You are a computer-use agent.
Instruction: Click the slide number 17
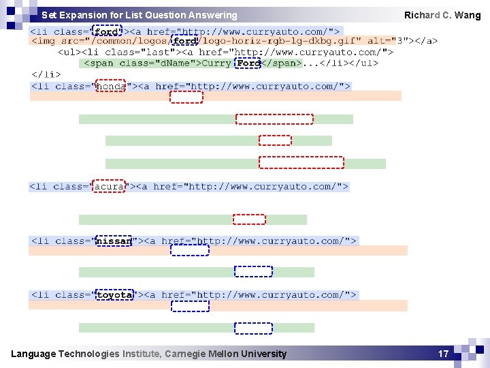pos(443,354)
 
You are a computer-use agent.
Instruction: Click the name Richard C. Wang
pos(442,15)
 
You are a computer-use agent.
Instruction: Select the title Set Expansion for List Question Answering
pos(140,15)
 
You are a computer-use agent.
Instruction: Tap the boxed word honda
pos(110,86)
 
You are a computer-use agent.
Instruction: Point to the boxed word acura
pos(109,186)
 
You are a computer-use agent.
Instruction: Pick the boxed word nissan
pos(114,241)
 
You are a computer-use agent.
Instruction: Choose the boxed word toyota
pos(114,295)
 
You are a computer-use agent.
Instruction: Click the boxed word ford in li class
pos(107,31)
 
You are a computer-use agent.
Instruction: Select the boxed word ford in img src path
pos(184,41)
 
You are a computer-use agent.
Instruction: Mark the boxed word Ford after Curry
pos(248,63)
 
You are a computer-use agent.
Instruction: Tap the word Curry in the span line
pos(216,63)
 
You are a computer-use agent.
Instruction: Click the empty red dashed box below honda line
pos(186,97)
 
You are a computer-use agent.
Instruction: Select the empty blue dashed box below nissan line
pos(189,250)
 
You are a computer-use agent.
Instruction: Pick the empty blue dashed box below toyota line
pos(190,306)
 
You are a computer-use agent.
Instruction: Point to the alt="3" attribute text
pos(385,41)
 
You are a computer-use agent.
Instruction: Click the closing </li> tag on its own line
pos(46,74)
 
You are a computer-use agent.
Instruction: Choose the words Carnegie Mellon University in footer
pos(226,354)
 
